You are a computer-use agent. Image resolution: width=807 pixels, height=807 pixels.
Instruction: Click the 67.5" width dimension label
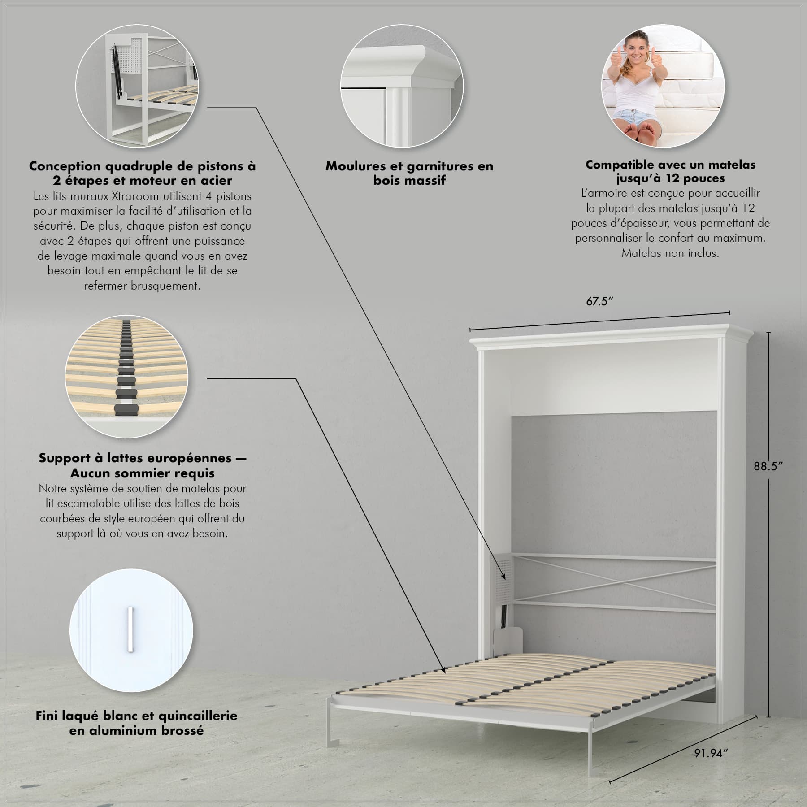click(x=599, y=301)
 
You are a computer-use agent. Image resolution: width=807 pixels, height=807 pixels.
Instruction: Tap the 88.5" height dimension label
click(x=768, y=466)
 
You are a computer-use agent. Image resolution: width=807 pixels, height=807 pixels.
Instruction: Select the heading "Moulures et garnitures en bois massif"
click(x=409, y=173)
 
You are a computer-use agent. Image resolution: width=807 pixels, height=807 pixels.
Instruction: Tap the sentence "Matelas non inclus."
click(x=670, y=253)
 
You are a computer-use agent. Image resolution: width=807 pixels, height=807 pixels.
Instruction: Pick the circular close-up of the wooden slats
click(x=127, y=377)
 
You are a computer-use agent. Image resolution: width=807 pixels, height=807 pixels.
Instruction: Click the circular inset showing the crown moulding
click(x=402, y=86)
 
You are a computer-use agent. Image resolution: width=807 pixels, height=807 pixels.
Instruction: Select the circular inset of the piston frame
click(x=136, y=86)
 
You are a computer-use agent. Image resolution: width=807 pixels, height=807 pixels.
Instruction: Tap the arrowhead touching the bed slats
click(x=443, y=683)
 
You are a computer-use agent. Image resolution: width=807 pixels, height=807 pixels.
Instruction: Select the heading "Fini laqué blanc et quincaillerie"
click(x=136, y=716)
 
